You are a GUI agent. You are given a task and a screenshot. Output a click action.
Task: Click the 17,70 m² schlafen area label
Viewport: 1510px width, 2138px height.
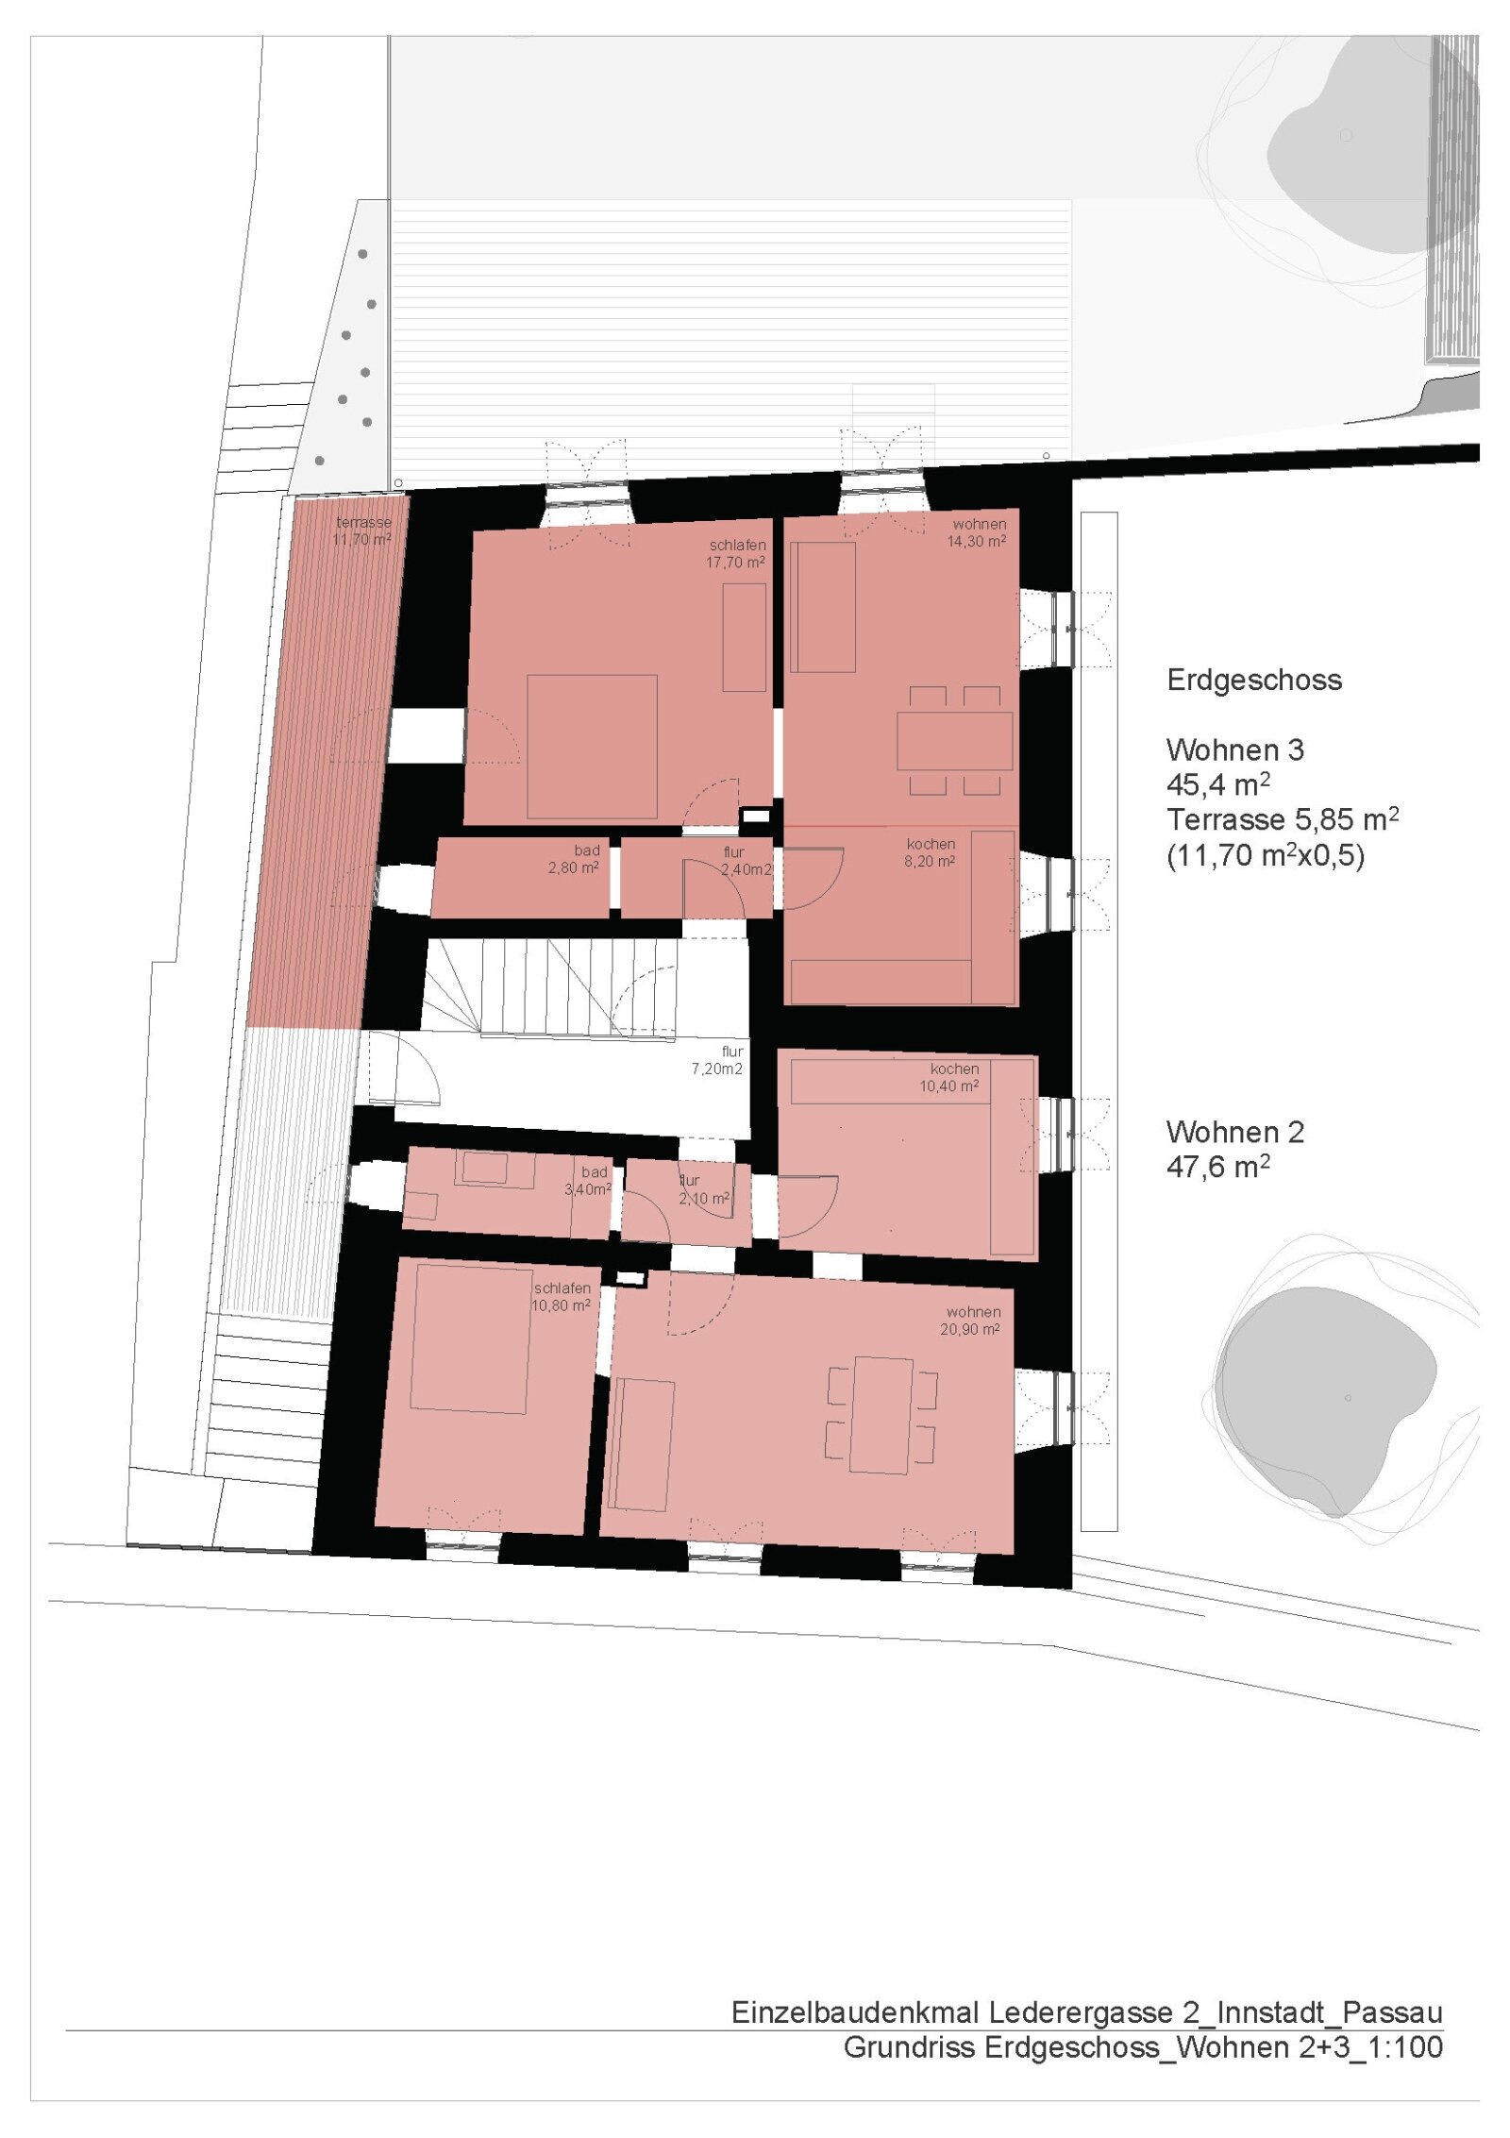(x=736, y=554)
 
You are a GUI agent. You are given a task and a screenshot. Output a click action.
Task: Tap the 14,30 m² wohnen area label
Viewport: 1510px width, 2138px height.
(x=978, y=533)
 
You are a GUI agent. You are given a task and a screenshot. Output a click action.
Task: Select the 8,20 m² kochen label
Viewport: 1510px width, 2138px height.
(x=931, y=852)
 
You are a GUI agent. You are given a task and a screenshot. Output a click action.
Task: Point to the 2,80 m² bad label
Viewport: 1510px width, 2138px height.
(x=574, y=859)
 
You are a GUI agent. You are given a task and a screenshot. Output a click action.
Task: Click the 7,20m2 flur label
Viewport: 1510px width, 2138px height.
(x=717, y=1060)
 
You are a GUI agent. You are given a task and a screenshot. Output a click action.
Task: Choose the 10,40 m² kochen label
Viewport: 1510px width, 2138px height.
(x=950, y=1077)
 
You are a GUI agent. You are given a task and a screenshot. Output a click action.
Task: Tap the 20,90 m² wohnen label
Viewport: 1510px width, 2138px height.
(x=970, y=1321)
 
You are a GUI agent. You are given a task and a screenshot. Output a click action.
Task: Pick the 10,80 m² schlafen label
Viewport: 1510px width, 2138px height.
(x=562, y=1297)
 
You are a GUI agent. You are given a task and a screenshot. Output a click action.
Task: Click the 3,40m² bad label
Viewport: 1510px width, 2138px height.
(x=588, y=1181)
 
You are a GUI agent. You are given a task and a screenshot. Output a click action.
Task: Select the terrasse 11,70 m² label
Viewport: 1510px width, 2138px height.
(x=362, y=530)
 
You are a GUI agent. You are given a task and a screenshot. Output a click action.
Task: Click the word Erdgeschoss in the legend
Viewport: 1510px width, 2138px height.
(x=1254, y=680)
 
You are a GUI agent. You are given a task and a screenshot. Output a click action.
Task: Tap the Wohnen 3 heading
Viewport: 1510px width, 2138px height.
(x=1235, y=749)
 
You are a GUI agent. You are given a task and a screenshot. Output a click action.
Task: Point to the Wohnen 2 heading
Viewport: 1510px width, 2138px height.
(x=1235, y=1132)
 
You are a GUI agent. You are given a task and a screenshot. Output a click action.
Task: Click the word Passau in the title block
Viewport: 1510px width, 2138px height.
(x=1392, y=2012)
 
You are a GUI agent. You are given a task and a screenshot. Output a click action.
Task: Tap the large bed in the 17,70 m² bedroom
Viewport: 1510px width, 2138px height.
(x=592, y=746)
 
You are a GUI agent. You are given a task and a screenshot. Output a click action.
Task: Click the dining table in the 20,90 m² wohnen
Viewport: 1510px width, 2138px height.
(x=881, y=1415)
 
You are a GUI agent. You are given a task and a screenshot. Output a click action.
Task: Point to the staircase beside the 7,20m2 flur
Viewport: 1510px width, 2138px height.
(x=549, y=988)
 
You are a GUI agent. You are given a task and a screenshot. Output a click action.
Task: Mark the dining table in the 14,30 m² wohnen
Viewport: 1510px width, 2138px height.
(x=954, y=741)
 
